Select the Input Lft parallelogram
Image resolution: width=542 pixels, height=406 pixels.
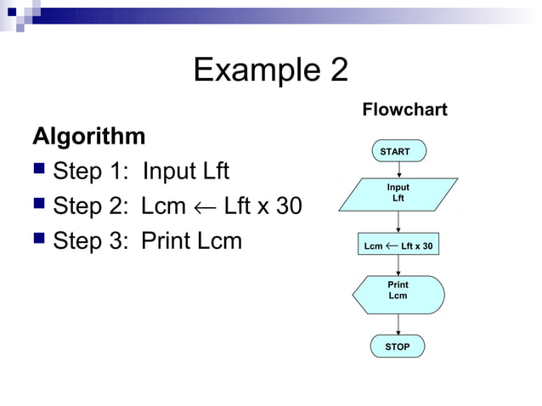(x=398, y=193)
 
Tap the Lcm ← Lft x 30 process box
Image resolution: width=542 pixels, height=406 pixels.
(x=398, y=246)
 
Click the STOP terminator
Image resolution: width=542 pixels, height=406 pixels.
(x=398, y=347)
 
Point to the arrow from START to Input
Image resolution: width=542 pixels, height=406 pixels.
(x=398, y=169)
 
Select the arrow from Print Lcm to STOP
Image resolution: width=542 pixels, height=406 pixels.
(x=398, y=324)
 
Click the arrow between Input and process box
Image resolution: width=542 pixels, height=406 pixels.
(x=398, y=223)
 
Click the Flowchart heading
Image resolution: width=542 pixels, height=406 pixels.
(x=404, y=110)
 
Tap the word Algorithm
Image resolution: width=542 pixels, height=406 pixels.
(x=88, y=136)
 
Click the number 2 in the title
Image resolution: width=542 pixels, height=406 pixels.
(x=338, y=70)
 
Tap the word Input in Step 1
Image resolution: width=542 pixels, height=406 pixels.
(x=168, y=172)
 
